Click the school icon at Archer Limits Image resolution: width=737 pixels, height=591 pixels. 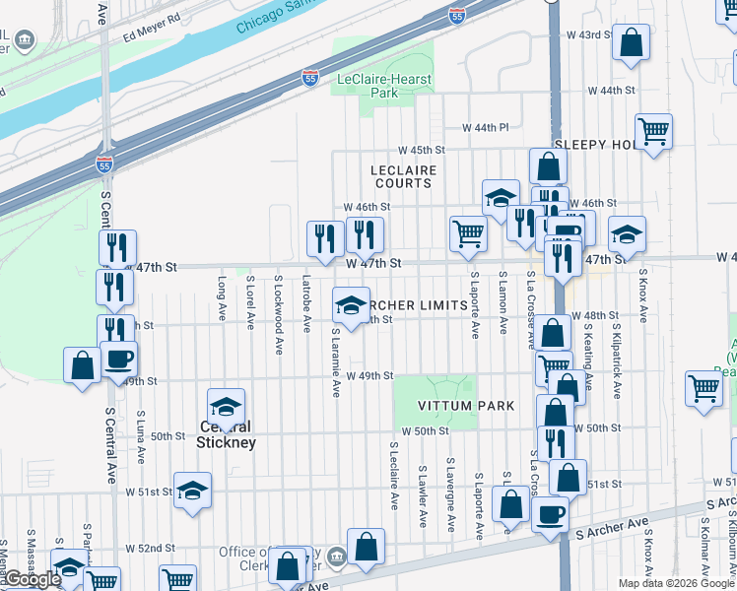click(350, 304)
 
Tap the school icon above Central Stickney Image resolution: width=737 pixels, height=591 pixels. click(226, 406)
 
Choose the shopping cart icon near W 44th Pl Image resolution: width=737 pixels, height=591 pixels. click(654, 131)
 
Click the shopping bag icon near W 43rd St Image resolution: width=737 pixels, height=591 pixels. click(631, 41)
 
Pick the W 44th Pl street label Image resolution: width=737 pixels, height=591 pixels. click(485, 128)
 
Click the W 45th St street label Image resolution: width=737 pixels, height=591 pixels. click(422, 150)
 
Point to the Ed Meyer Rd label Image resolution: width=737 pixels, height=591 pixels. click(152, 19)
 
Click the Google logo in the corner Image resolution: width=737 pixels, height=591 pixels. click(32, 580)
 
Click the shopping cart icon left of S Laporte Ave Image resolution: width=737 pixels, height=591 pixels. click(467, 234)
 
